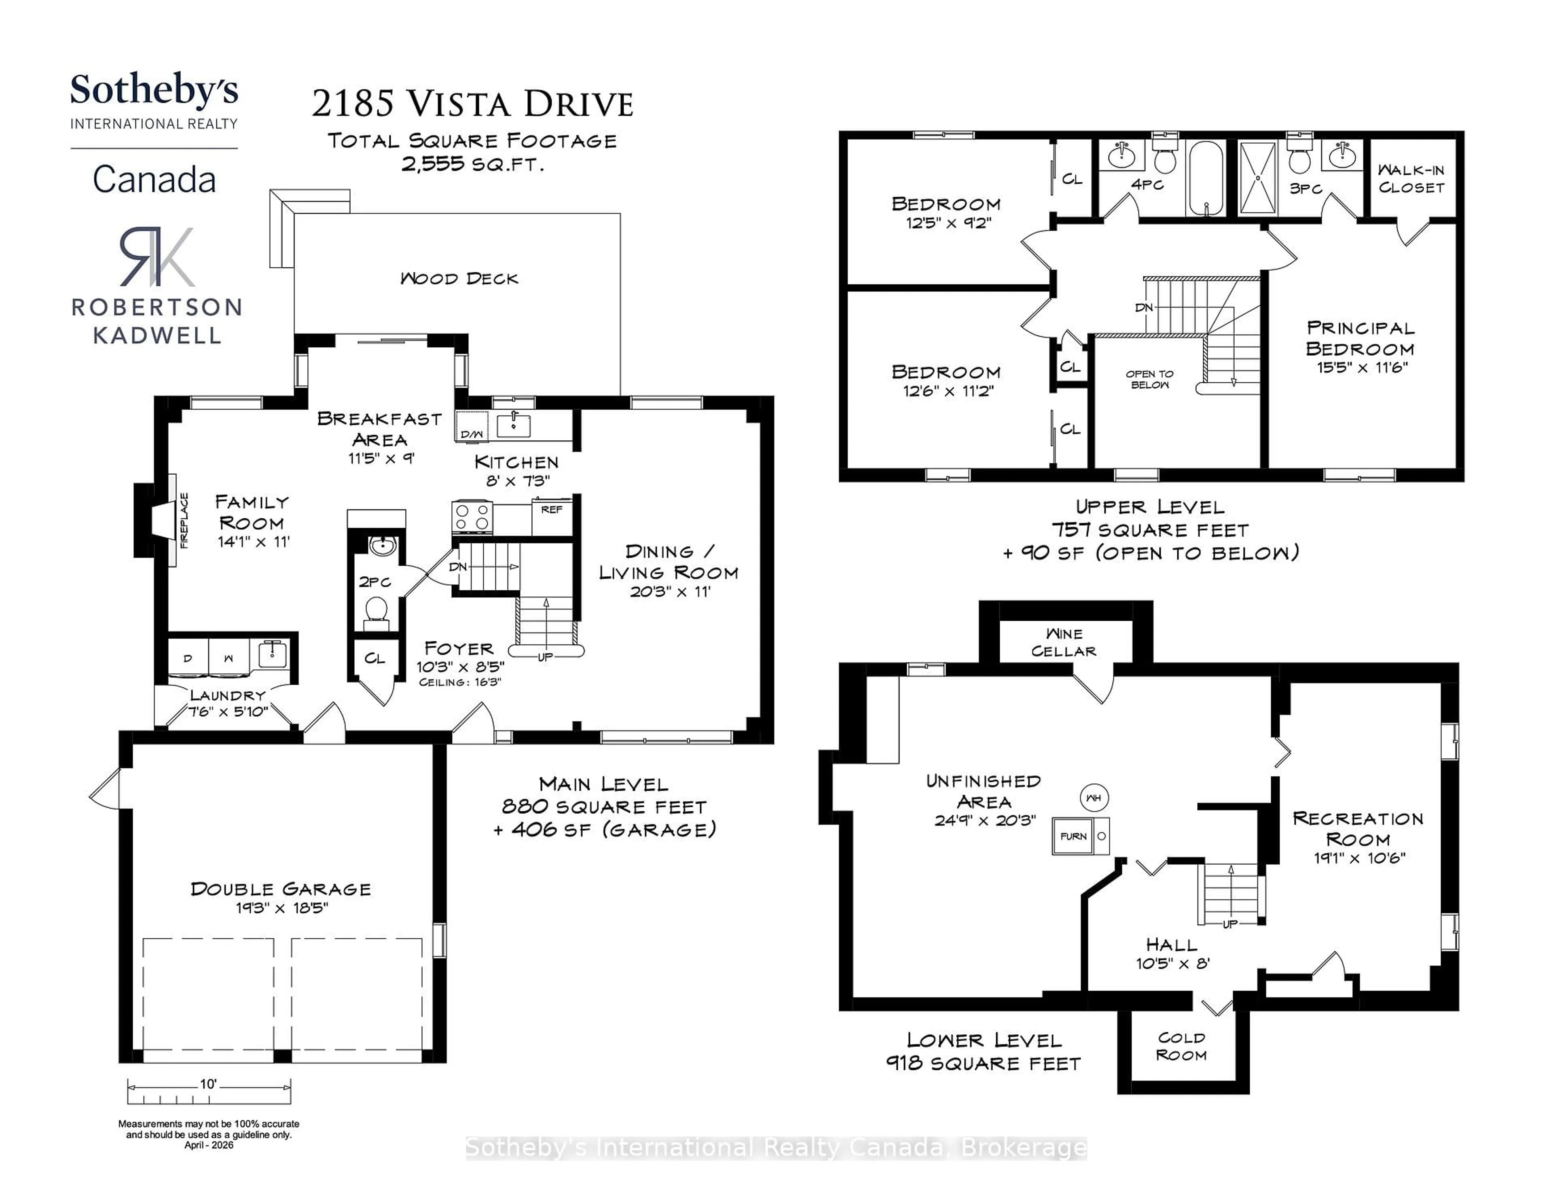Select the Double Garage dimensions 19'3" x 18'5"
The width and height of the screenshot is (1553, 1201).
[x=281, y=908]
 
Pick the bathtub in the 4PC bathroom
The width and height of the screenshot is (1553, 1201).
[x=1206, y=178]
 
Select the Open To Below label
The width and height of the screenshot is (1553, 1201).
[x=1150, y=379]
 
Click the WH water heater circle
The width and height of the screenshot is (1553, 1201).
[x=1094, y=798]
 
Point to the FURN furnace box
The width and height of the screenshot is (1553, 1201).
[x=1074, y=836]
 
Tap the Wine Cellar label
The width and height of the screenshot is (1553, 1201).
[x=1064, y=643]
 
